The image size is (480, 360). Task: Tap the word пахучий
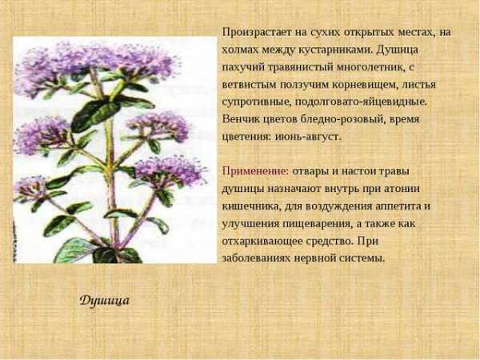tap(242, 67)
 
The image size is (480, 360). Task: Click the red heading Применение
tap(254, 171)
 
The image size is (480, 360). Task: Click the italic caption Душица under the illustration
tap(104, 300)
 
